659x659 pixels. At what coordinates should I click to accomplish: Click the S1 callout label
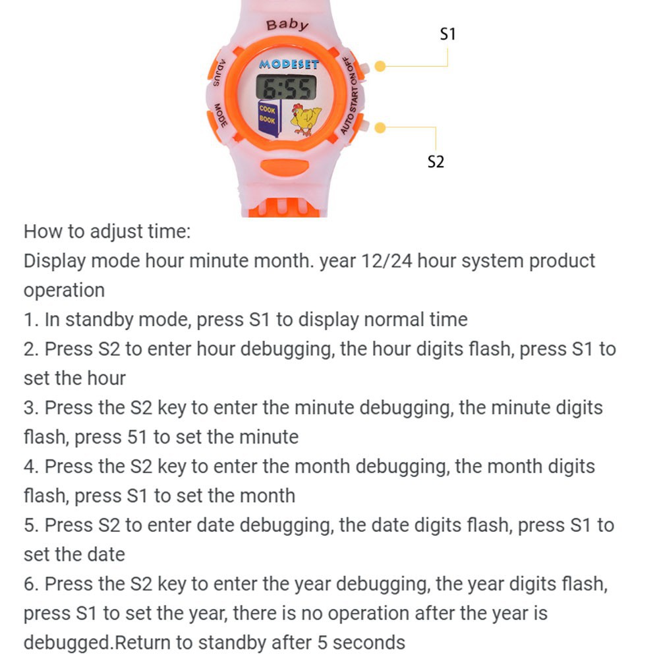click(447, 34)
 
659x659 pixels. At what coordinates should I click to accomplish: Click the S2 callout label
click(436, 161)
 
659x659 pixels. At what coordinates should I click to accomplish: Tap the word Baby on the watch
click(287, 25)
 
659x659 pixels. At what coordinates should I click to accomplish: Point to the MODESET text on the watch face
click(289, 65)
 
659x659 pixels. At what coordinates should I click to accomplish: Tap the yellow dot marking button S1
click(380, 67)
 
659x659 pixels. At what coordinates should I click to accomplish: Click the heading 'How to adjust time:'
click(107, 232)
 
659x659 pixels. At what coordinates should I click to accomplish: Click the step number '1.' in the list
click(32, 320)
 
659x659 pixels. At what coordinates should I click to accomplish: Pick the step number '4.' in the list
click(32, 467)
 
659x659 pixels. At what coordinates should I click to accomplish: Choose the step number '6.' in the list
click(32, 584)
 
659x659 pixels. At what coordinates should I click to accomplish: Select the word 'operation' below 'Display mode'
click(64, 291)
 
